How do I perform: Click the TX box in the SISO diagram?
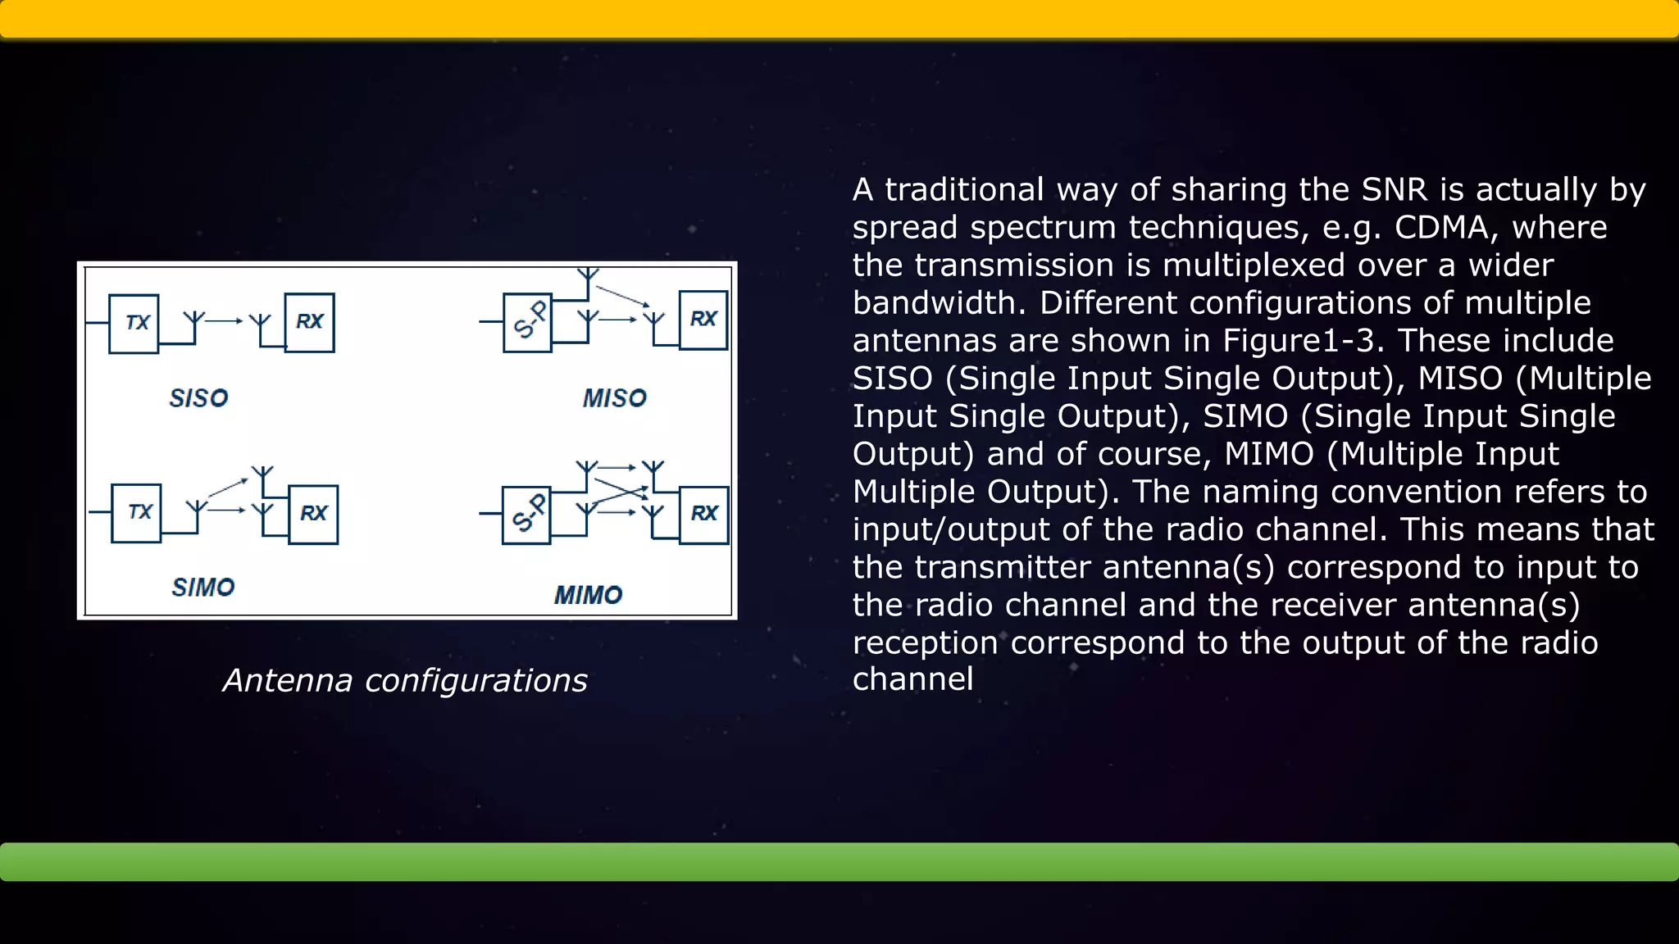click(134, 323)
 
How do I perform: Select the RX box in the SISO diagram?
click(309, 322)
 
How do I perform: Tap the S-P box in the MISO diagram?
click(527, 322)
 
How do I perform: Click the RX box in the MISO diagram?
click(703, 320)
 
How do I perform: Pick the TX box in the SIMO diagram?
click(136, 513)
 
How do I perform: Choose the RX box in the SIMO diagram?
click(313, 514)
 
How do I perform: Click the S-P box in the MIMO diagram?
click(526, 515)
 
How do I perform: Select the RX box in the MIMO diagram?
click(703, 514)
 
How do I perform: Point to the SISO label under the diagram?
click(198, 398)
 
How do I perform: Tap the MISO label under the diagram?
click(614, 398)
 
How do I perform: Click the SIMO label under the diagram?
click(202, 588)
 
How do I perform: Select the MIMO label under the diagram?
click(588, 595)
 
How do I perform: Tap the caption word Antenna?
click(288, 680)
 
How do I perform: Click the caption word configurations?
click(475, 681)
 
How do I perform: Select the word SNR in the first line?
click(1394, 190)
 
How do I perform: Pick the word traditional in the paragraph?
click(964, 190)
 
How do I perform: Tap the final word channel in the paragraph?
click(912, 679)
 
